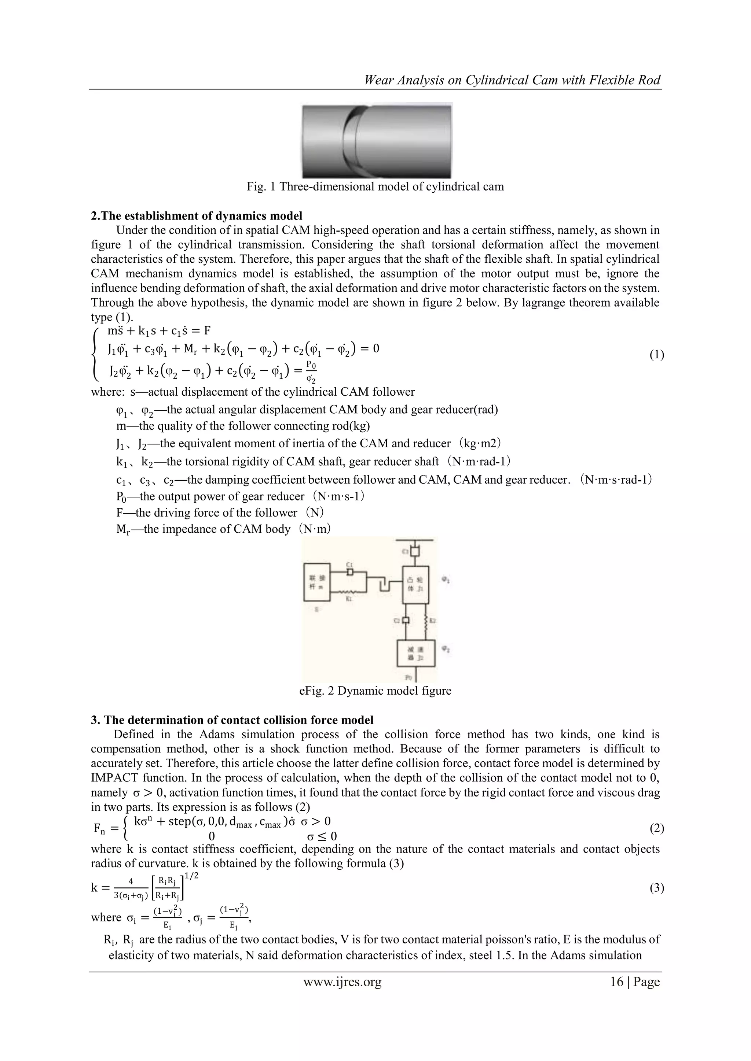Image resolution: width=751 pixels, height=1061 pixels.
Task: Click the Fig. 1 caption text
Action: click(375, 187)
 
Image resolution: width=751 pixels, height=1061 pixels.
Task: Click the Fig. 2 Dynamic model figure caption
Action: click(375, 691)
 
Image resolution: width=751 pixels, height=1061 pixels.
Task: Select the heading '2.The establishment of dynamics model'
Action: click(197, 215)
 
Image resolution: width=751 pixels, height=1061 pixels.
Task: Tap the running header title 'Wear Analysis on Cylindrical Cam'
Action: click(512, 80)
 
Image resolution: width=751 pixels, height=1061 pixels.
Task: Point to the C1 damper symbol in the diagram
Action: click(350, 572)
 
